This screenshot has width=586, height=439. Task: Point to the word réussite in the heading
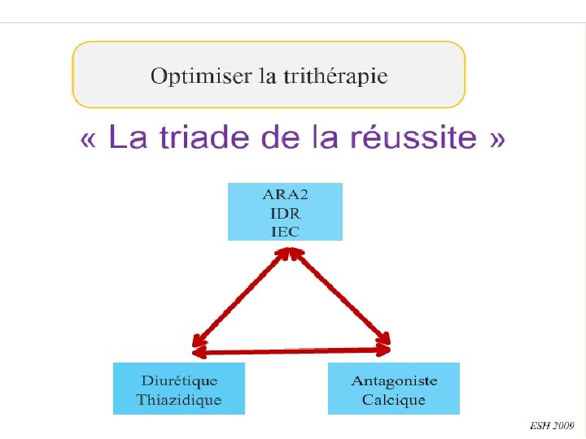pyautogui.click(x=414, y=138)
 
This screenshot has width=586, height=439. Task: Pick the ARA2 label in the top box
pyautogui.click(x=285, y=195)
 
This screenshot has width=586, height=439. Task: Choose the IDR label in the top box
pyautogui.click(x=285, y=213)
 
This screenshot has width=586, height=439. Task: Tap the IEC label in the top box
pyautogui.click(x=285, y=231)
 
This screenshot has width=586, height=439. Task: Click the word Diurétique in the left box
pyautogui.click(x=179, y=380)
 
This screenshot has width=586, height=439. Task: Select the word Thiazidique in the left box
pyautogui.click(x=179, y=400)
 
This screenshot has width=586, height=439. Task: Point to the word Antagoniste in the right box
pyautogui.click(x=394, y=380)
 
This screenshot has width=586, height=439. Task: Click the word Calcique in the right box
pyautogui.click(x=394, y=400)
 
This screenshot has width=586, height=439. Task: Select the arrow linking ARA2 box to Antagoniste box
pyautogui.click(x=337, y=298)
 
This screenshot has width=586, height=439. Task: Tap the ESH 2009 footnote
pyautogui.click(x=552, y=425)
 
